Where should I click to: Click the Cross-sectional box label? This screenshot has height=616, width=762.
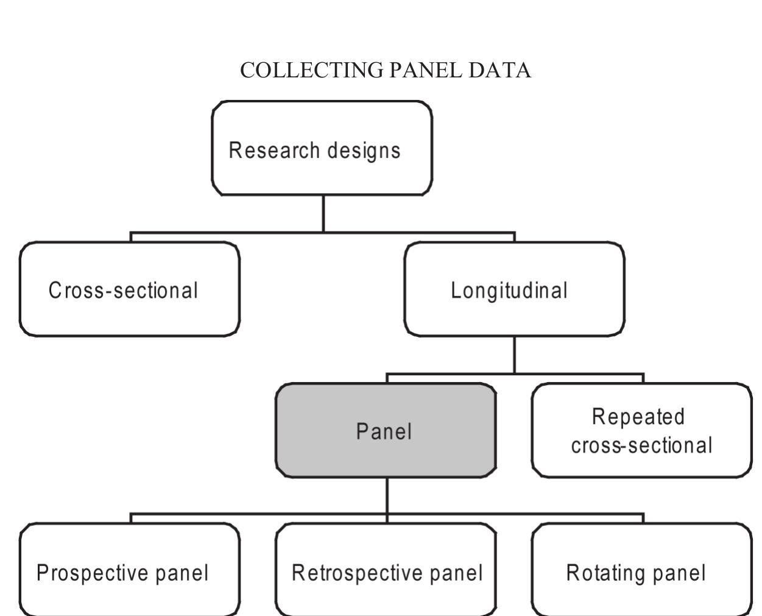click(124, 290)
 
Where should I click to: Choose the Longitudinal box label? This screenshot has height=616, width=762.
click(509, 290)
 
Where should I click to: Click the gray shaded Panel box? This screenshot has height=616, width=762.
click(385, 431)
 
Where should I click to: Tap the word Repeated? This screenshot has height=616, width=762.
click(638, 417)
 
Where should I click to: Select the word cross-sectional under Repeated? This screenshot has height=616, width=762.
click(641, 445)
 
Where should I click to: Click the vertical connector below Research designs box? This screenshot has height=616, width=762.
click(323, 213)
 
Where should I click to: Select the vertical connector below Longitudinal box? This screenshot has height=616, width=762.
click(514, 355)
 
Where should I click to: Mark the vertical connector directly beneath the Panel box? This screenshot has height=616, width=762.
click(387, 495)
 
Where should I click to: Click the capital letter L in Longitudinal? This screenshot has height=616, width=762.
click(455, 290)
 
